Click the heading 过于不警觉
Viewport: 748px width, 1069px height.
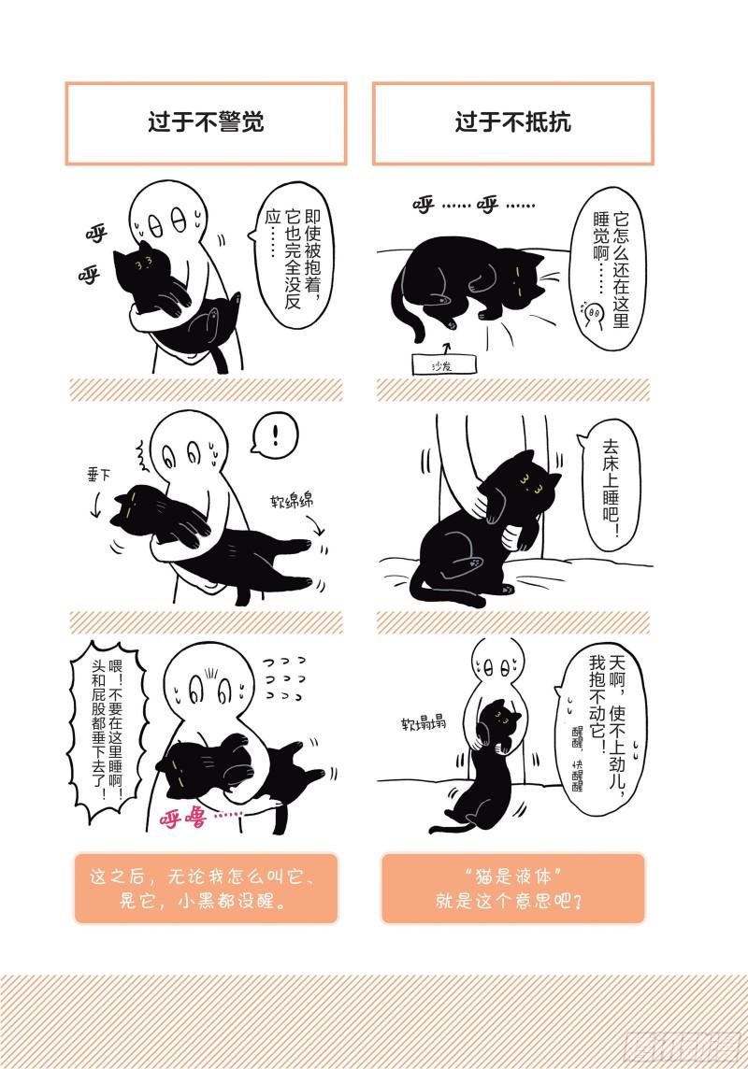click(206, 122)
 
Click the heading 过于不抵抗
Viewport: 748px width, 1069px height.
click(512, 122)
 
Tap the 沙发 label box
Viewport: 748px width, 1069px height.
click(443, 364)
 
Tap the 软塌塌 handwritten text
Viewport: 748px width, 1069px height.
click(423, 722)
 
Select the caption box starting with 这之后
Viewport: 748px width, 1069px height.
click(206, 888)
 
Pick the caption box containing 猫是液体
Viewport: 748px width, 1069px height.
click(512, 888)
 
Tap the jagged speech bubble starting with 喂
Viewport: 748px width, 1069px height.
click(108, 733)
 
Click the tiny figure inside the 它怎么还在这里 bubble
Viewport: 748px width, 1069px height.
click(593, 315)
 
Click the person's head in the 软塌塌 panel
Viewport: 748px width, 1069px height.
click(498, 663)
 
